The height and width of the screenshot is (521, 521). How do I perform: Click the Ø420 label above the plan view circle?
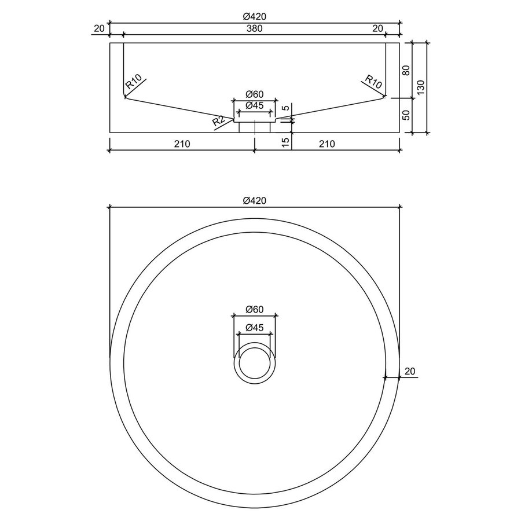click(x=255, y=200)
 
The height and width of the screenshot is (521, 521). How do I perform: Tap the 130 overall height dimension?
click(x=421, y=87)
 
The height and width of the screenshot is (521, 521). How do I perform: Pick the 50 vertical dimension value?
click(x=406, y=115)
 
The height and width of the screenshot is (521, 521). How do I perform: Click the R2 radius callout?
click(x=218, y=122)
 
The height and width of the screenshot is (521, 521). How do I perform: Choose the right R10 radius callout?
click(x=374, y=82)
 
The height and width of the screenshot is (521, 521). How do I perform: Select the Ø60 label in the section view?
click(x=255, y=94)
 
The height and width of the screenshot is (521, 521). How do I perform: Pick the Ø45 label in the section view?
click(x=255, y=105)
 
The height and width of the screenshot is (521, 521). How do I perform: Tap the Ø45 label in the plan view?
click(x=255, y=327)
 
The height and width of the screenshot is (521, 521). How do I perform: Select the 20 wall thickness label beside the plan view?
click(x=410, y=371)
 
